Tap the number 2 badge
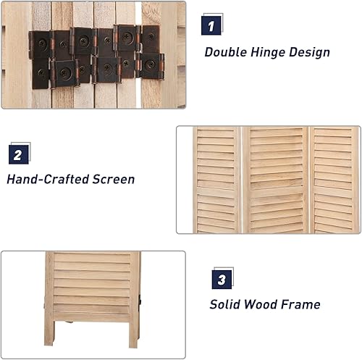[19, 154]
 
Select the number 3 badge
[222, 279]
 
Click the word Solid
[227, 305]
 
